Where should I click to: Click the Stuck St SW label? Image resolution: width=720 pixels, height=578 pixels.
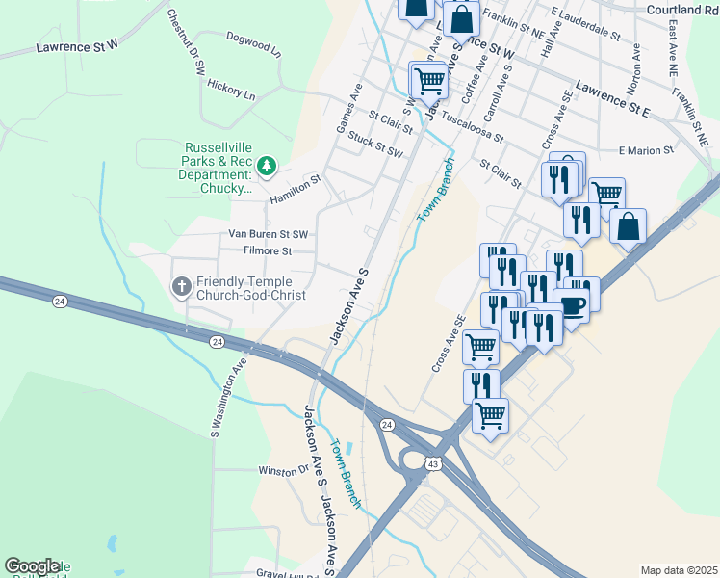(x=375, y=145)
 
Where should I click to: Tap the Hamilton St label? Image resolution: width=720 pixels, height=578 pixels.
(x=295, y=188)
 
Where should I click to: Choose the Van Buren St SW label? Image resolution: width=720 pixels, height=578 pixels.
(x=268, y=234)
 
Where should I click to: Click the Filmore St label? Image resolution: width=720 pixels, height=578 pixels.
(x=268, y=251)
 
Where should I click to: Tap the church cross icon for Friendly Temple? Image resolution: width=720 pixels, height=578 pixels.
(x=180, y=286)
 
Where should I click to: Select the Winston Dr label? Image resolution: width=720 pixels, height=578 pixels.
(x=282, y=471)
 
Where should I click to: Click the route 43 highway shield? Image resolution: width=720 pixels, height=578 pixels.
(x=434, y=465)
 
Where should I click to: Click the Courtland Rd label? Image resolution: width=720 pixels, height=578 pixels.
(x=682, y=10)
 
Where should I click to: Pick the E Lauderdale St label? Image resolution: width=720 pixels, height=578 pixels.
(x=584, y=25)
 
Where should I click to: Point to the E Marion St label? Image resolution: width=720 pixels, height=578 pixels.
(x=646, y=150)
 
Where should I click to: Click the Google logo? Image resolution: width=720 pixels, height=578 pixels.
(x=32, y=566)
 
